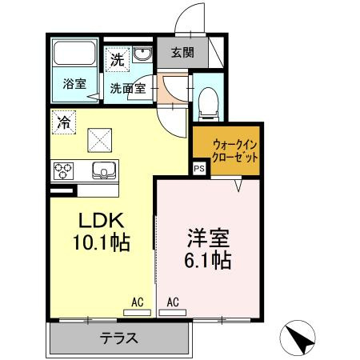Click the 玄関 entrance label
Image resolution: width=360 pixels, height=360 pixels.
[x=183, y=54]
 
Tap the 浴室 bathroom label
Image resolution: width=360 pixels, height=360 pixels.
[x=75, y=83]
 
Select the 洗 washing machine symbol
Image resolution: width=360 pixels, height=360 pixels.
[x=118, y=58]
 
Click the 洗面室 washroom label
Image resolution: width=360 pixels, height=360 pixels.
[x=127, y=88]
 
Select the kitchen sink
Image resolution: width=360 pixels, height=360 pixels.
[x=104, y=170]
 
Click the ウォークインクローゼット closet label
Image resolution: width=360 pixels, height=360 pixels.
[x=235, y=151]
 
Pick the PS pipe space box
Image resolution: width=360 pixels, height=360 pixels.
[x=198, y=169]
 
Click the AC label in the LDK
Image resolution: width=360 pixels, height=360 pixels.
[x=138, y=302]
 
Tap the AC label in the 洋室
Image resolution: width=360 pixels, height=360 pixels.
[x=172, y=302]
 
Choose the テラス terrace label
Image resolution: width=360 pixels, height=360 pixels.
[x=119, y=338]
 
